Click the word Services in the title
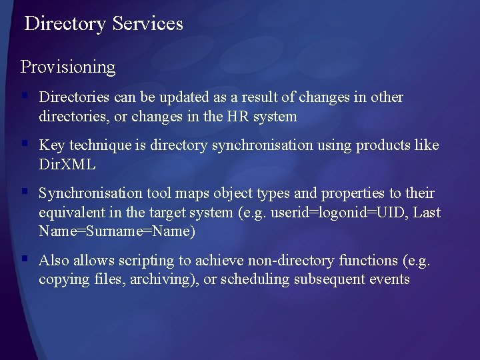pyautogui.click(x=147, y=24)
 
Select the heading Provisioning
pyautogui.click(x=68, y=67)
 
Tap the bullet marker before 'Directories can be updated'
pyautogui.click(x=25, y=96)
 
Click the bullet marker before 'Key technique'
pyautogui.click(x=25, y=144)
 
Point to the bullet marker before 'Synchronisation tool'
pyautogui.click(x=25, y=192)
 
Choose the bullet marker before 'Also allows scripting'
pyautogui.click(x=25, y=259)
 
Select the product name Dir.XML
pyautogui.click(x=67, y=165)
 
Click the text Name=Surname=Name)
pyautogui.click(x=117, y=232)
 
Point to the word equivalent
pyautogui.click(x=70, y=213)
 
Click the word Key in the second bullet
pyautogui.click(x=51, y=145)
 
